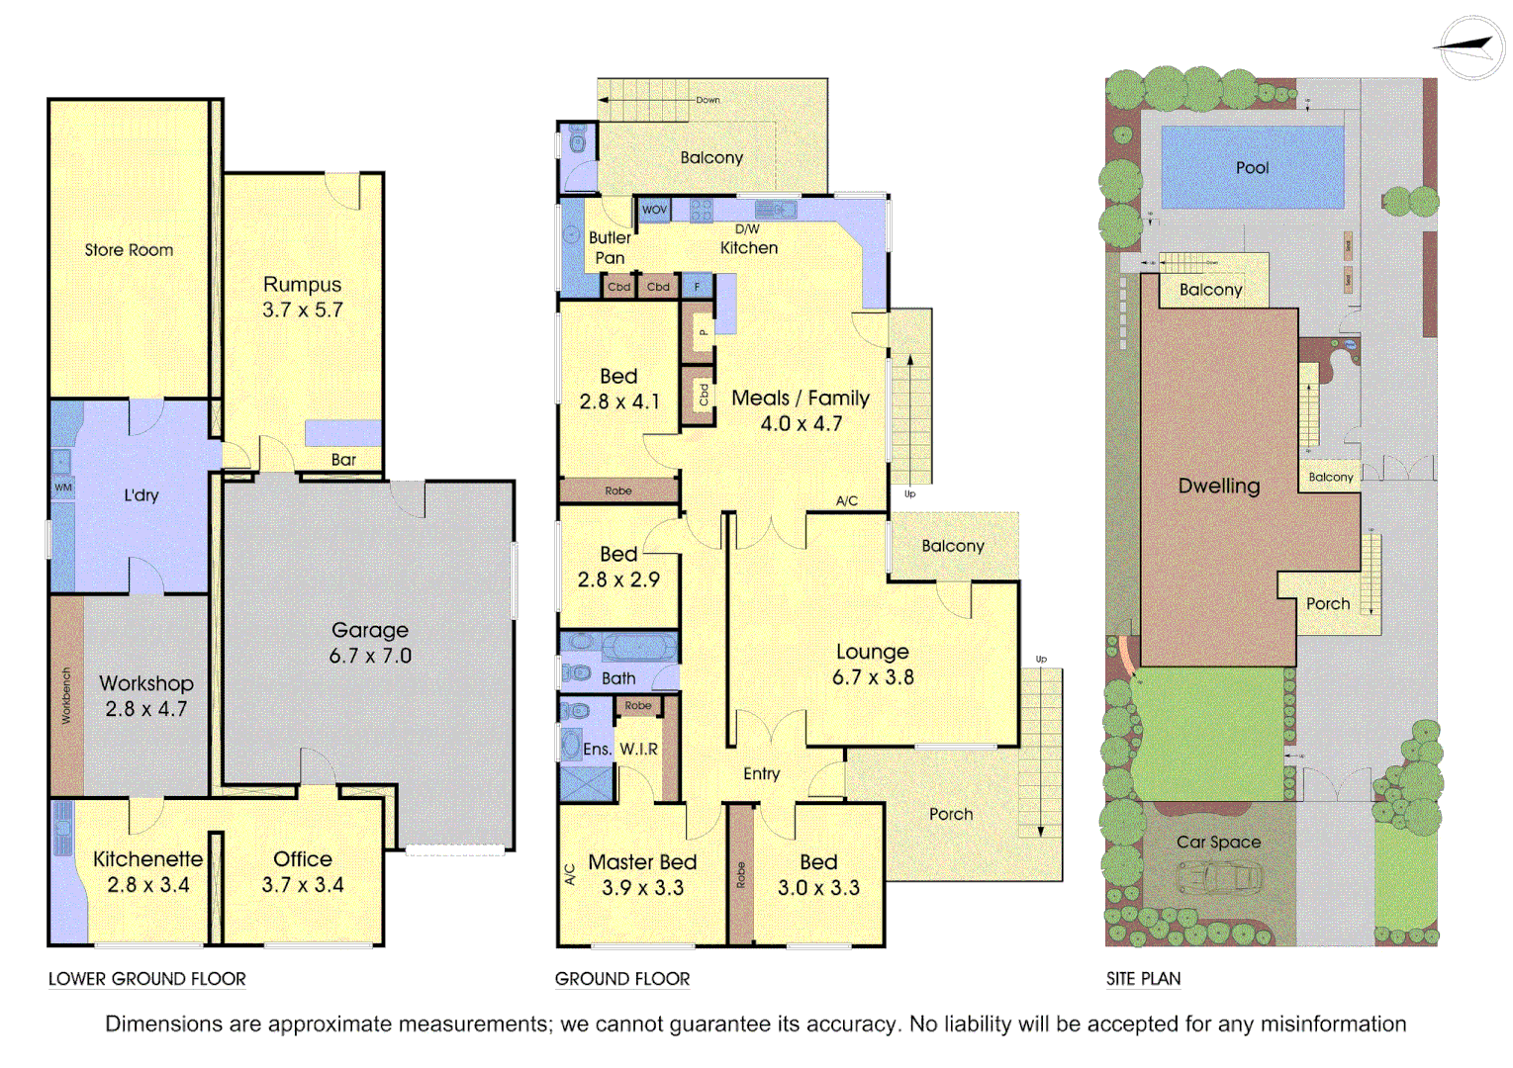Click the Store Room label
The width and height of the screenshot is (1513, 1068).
tap(129, 250)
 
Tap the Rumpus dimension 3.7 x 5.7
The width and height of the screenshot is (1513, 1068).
tap(302, 311)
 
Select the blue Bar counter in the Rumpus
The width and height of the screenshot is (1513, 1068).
tap(342, 433)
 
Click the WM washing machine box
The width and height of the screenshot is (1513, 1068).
tap(63, 488)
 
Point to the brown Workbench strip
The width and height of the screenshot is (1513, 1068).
tap(66, 695)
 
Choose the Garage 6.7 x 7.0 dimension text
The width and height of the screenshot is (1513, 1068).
tap(370, 656)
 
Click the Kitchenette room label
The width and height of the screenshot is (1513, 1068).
tap(147, 859)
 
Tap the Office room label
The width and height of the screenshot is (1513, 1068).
tap(303, 859)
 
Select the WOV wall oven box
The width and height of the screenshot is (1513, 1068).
tap(654, 210)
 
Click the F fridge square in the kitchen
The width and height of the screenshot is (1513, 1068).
tap(697, 287)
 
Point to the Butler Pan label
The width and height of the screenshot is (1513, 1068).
tap(610, 248)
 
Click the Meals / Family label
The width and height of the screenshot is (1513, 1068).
tap(801, 398)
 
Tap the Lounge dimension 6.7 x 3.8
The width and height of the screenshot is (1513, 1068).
tap(873, 677)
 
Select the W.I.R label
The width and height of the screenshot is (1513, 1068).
tap(638, 750)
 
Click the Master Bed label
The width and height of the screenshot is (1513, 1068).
tap(642, 862)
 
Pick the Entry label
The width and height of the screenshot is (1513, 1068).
tap(761, 773)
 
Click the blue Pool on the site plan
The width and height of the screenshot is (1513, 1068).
tap(1252, 167)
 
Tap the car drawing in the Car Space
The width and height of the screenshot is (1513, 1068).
tap(1219, 877)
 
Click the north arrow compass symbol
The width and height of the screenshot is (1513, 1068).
tap(1470, 46)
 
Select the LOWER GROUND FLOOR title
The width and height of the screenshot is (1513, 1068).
tap(147, 979)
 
